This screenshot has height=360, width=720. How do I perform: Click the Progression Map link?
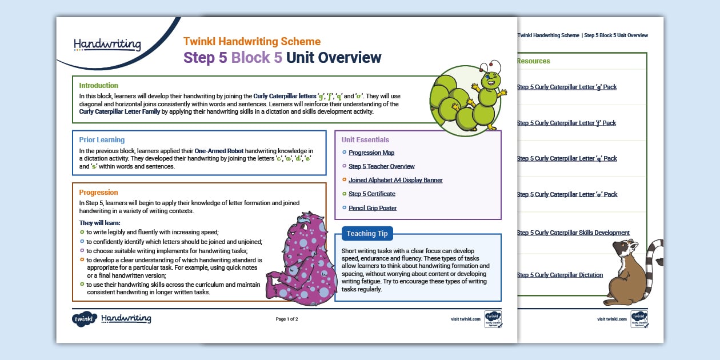pyautogui.click(x=371, y=153)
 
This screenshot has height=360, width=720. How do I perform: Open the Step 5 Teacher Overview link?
pyautogui.click(x=381, y=166)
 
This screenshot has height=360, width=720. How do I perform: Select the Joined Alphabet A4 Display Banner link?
pyautogui.click(x=395, y=180)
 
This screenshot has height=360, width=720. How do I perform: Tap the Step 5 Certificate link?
pyautogui.click(x=373, y=194)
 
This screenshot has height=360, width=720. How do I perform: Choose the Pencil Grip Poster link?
pyautogui.click(x=373, y=208)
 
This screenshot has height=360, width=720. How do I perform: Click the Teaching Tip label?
pyautogui.click(x=367, y=233)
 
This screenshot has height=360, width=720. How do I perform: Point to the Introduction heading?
pyautogui.click(x=99, y=86)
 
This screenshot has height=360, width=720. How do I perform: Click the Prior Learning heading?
pyautogui.click(x=102, y=139)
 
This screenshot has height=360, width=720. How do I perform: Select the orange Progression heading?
pyautogui.click(x=98, y=193)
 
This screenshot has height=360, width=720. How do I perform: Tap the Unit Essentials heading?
pyautogui.click(x=365, y=139)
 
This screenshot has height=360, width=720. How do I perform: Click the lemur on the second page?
pyautogui.click(x=631, y=272)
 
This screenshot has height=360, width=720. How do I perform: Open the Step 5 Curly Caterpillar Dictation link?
pyautogui.click(x=559, y=275)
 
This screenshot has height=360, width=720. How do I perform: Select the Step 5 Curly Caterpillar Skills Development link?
pyautogui.click(x=573, y=233)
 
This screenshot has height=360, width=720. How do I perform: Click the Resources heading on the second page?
pyautogui.click(x=533, y=61)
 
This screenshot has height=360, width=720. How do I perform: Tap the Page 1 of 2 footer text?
pyautogui.click(x=287, y=319)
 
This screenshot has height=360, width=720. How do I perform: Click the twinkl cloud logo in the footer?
pyautogui.click(x=84, y=319)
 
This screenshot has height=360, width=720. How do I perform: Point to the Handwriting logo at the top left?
pyautogui.click(x=107, y=44)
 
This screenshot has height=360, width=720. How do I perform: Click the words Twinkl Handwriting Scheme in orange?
pyautogui.click(x=252, y=42)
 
